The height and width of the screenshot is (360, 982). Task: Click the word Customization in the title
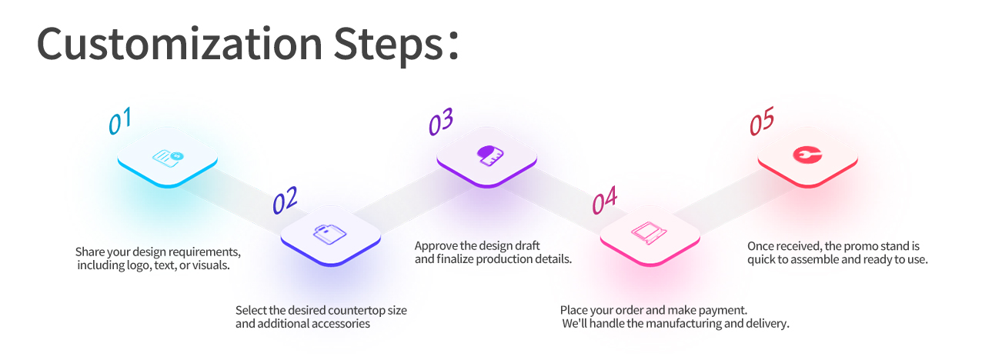pyautogui.click(x=180, y=44)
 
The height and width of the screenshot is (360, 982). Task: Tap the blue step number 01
pyautogui.click(x=120, y=121)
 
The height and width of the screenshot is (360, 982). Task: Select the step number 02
pyautogui.click(x=285, y=200)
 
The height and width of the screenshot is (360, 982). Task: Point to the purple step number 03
pyautogui.click(x=440, y=122)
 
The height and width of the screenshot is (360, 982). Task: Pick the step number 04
pyautogui.click(x=605, y=200)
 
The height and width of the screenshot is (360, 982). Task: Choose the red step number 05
pyautogui.click(x=762, y=121)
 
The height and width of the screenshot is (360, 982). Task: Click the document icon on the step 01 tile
pyautogui.click(x=168, y=158)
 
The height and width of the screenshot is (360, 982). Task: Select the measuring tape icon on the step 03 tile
pyautogui.click(x=490, y=155)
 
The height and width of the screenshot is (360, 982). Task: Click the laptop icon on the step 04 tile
pyautogui.click(x=649, y=232)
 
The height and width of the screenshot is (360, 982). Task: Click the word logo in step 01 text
pyautogui.click(x=138, y=265)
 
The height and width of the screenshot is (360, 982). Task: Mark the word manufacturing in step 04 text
pyautogui.click(x=683, y=324)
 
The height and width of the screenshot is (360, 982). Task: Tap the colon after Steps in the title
pyautogui.click(x=453, y=45)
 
